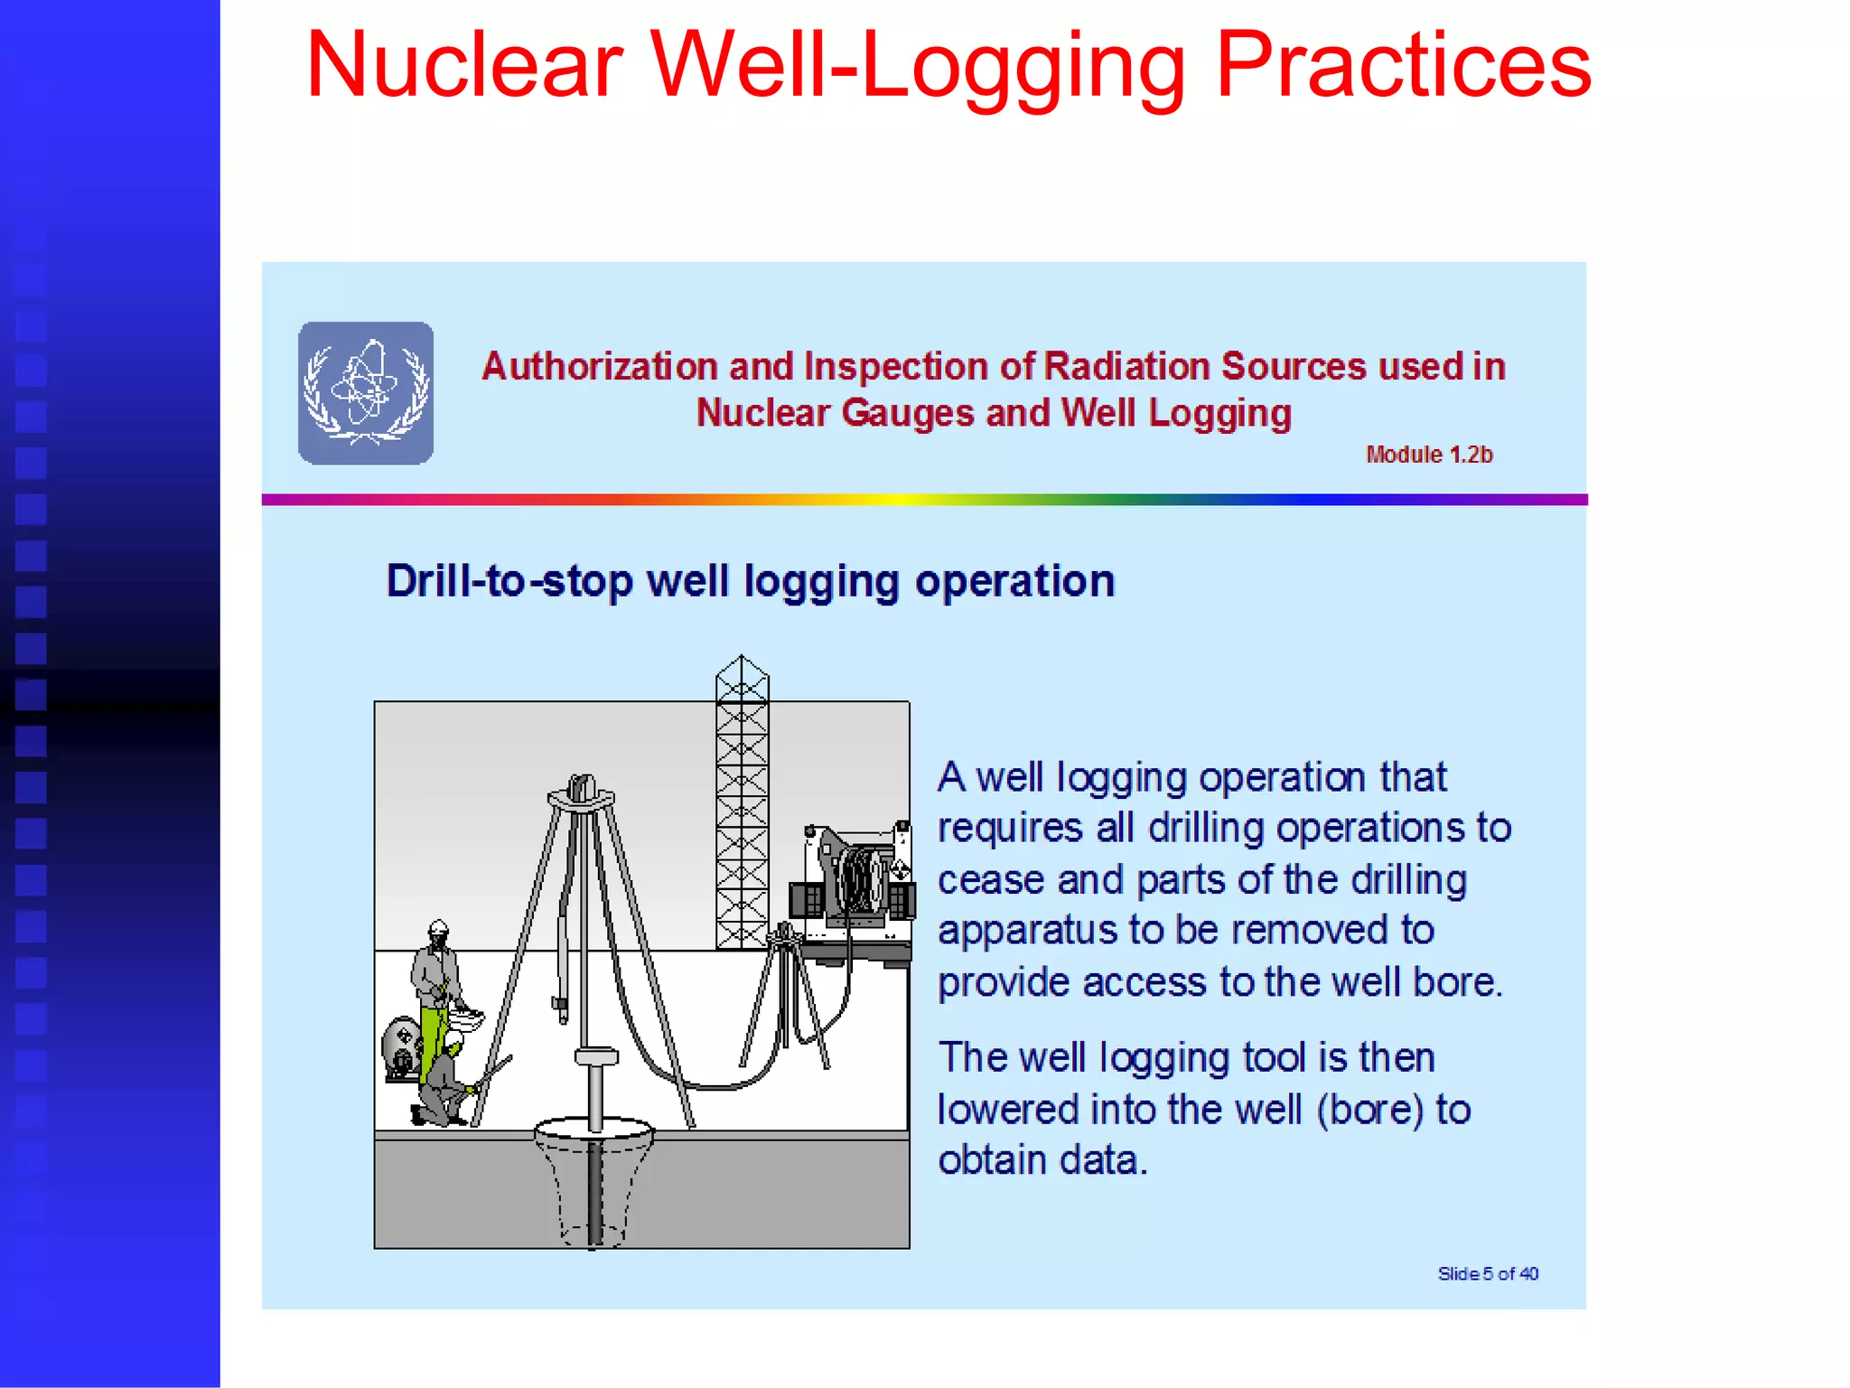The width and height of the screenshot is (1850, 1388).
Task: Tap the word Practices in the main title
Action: tap(1403, 65)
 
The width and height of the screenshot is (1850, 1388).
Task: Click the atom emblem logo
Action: tap(366, 393)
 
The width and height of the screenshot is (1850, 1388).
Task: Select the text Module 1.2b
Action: tap(1429, 455)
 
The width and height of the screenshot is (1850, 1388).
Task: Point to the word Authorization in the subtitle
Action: tap(600, 367)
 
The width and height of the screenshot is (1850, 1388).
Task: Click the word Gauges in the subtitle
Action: tap(908, 413)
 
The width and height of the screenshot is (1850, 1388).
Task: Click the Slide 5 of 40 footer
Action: tap(1488, 1273)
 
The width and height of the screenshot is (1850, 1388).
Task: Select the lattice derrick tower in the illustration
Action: tap(742, 804)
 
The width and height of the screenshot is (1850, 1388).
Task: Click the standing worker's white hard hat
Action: tap(439, 927)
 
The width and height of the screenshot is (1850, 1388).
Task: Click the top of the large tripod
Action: tap(582, 793)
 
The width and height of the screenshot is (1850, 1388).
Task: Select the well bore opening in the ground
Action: tap(593, 1132)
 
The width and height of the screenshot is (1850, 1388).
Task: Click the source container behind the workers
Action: tap(400, 1048)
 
